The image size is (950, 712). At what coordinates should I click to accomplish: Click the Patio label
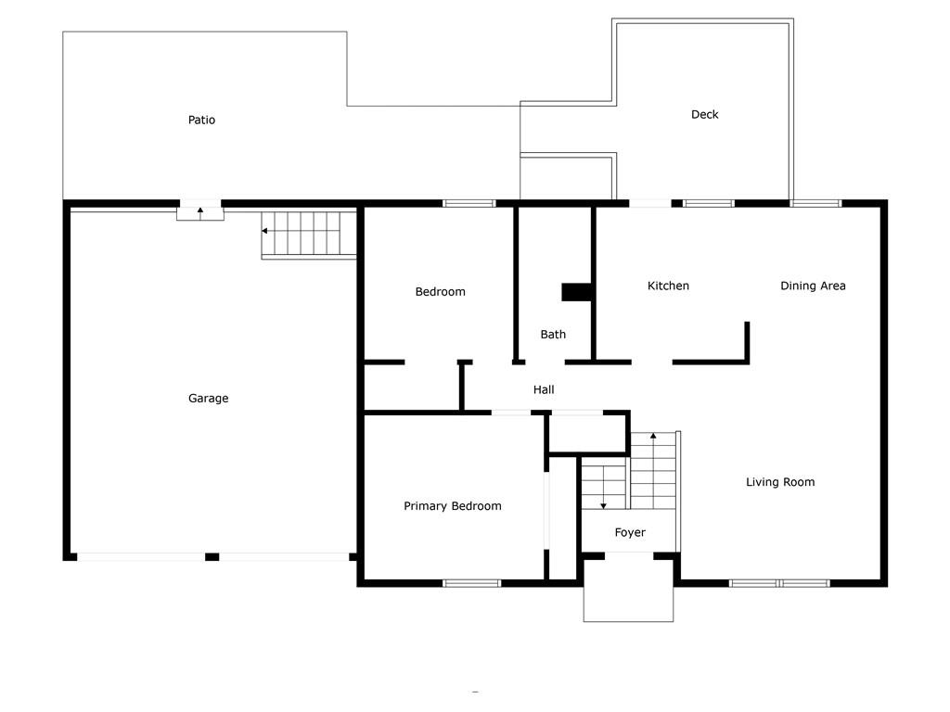coord(201,120)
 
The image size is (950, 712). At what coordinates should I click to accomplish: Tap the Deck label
coord(704,114)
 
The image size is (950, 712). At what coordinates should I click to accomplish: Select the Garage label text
coord(208,398)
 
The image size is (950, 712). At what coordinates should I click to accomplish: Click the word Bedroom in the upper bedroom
coord(440,291)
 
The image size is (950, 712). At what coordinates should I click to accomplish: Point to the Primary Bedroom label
coord(452,505)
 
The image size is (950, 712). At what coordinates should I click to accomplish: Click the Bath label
coord(553,334)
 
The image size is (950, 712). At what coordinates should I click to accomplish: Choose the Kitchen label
coord(668,286)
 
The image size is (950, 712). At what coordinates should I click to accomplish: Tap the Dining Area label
coord(813,286)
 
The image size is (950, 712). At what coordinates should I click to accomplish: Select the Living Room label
coord(780,481)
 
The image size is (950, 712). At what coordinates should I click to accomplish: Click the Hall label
coord(544,389)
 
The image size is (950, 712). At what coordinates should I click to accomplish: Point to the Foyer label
coord(630,532)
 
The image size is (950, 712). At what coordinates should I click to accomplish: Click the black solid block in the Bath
coord(577,292)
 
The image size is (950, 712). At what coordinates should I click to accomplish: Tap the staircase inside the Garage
coord(309,234)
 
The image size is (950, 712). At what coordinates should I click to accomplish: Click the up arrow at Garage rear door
coord(200,212)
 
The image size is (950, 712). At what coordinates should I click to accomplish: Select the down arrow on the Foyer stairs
coord(603,503)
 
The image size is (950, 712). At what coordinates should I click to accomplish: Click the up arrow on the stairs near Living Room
coord(653,436)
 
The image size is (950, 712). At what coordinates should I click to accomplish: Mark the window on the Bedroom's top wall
coord(469,203)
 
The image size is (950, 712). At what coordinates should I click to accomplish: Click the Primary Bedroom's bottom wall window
coord(471,583)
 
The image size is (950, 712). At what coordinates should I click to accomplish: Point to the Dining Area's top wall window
coord(815,203)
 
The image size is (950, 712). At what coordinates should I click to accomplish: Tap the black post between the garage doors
coord(212,556)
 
